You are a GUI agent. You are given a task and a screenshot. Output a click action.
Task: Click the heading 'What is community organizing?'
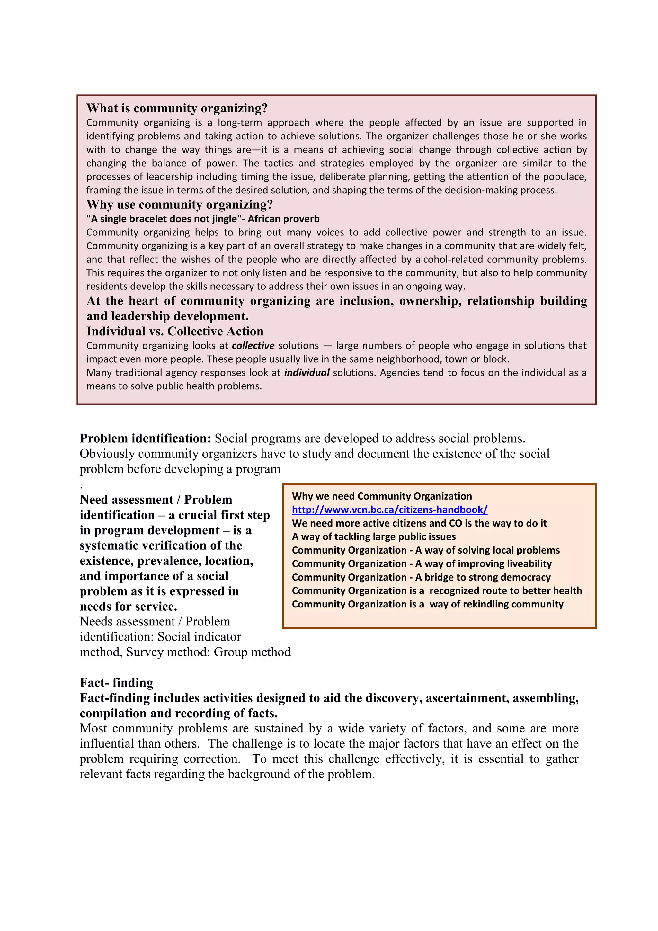[177, 108]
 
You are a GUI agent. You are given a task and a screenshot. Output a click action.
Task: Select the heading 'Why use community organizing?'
[180, 204]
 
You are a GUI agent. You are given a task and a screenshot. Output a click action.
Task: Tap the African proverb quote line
[203, 219]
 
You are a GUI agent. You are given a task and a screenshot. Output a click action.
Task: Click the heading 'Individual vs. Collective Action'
[175, 331]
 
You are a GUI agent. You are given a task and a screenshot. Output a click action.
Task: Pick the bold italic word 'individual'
[307, 373]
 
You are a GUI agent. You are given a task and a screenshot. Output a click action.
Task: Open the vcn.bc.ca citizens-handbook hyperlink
[389, 510]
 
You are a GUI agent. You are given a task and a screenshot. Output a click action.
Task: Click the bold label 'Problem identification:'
[145, 438]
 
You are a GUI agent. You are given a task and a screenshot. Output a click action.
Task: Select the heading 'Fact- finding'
[116, 683]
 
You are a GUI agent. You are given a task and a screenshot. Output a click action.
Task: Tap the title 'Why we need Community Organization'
[381, 496]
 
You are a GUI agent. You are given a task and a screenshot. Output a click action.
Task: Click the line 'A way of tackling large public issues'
[373, 537]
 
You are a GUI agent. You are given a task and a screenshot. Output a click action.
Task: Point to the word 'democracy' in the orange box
[528, 577]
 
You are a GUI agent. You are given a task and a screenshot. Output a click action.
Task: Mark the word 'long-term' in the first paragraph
[240, 123]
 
